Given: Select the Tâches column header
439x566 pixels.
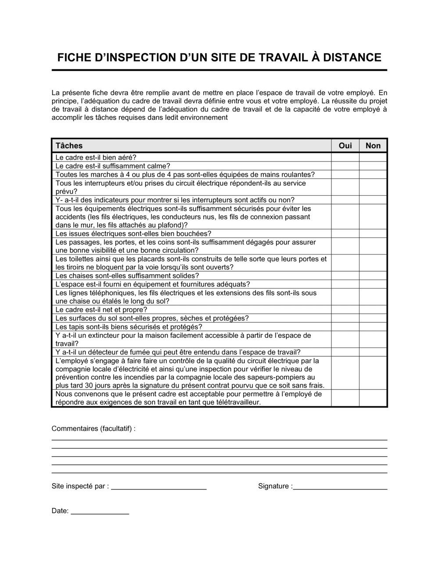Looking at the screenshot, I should tap(69, 146).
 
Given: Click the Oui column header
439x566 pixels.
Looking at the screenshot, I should tap(345, 146).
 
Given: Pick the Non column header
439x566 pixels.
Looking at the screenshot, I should tap(373, 146).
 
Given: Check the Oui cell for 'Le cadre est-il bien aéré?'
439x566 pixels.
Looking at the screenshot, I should tap(345, 158).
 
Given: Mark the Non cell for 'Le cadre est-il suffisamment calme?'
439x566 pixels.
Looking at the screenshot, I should tap(373, 166).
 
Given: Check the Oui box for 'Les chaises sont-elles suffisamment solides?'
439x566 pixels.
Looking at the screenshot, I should tap(345, 276).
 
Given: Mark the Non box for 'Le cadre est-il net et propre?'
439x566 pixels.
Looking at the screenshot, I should tap(373, 309).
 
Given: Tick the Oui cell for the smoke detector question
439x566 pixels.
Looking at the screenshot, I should tap(345, 352).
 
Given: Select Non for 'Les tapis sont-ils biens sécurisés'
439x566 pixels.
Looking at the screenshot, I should tap(373, 327).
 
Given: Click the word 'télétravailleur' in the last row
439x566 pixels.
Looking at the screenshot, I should tap(237, 402).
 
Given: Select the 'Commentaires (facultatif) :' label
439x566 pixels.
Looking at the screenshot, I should tap(94, 428).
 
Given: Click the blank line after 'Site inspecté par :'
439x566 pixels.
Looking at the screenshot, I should tap(158, 486).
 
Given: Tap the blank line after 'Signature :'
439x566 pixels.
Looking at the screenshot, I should tap(340, 486).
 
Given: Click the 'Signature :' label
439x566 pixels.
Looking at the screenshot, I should tap(275, 486).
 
